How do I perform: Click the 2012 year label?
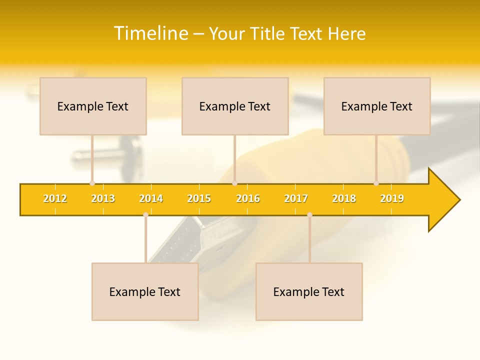[55, 198]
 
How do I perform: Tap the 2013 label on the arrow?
[103, 198]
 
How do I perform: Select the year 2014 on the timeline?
[151, 198]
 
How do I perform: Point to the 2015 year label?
[199, 198]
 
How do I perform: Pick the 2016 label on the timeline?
[248, 198]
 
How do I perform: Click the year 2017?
[296, 198]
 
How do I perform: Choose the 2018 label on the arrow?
[344, 198]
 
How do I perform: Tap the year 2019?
[392, 198]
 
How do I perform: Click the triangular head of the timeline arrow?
[443, 200]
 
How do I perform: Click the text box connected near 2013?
[93, 106]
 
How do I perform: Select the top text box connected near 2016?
[235, 106]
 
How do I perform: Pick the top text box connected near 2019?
[377, 106]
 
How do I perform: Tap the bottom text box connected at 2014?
[145, 291]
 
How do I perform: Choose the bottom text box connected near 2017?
[309, 291]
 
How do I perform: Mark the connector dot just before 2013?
[92, 183]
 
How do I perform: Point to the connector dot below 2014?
[145, 214]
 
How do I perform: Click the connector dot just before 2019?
[376, 183]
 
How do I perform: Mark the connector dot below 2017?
[309, 214]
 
